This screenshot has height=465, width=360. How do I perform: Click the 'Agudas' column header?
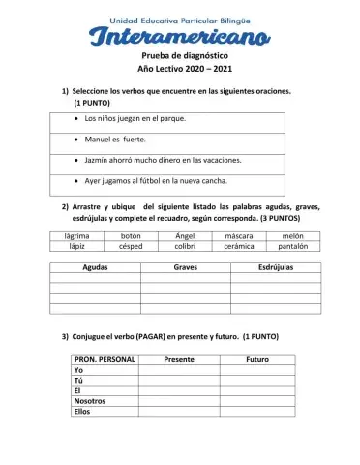(95, 266)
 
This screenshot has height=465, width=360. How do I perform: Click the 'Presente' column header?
(179, 359)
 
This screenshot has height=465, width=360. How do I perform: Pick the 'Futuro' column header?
(257, 359)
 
